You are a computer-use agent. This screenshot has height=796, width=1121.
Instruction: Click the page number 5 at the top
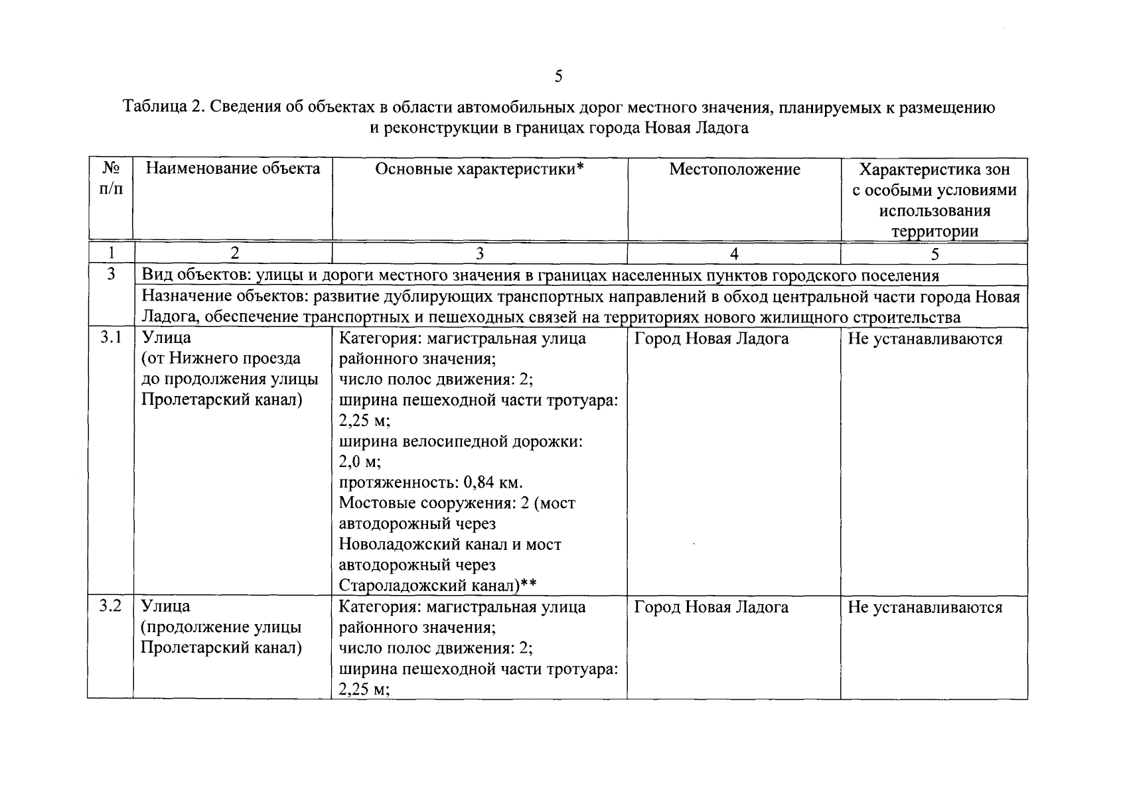pos(559,77)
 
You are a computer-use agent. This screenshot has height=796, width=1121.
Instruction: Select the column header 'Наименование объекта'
pos(233,169)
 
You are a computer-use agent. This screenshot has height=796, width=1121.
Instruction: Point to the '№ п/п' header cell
pos(111,179)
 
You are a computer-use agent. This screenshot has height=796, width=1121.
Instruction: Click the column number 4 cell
pos(734,253)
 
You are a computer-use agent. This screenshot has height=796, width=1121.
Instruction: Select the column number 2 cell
pos(233,253)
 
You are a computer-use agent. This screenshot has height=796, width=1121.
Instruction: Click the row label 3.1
pos(111,338)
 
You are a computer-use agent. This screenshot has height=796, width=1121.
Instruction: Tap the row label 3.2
pos(111,606)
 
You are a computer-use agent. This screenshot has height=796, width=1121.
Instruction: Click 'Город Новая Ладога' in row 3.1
pos(711,339)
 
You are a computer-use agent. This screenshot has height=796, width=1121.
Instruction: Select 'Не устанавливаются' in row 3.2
pos(925,608)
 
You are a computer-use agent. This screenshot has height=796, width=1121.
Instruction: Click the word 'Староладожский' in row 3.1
pos(395,586)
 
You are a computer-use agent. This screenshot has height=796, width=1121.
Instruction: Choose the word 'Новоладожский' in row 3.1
pos(392,545)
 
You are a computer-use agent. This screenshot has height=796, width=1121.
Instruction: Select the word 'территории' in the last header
pos(934,232)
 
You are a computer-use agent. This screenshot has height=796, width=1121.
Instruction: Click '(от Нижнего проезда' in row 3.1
pos(220,359)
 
